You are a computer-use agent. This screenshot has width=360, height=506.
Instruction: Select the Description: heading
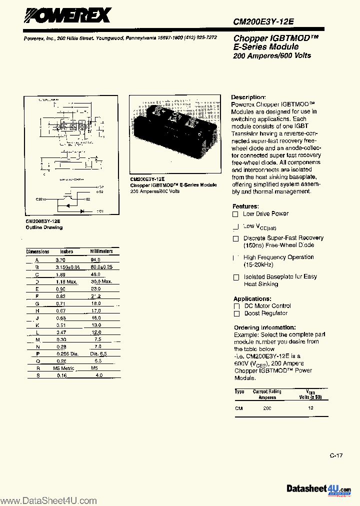point(248,97)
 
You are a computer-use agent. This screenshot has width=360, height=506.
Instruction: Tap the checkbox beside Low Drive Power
point(235,214)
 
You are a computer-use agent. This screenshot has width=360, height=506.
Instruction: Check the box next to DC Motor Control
point(236,306)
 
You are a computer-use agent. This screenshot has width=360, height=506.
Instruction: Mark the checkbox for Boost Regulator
point(236,313)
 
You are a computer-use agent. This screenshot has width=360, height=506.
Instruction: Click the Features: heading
point(245,206)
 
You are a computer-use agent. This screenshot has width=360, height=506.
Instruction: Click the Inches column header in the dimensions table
point(66,251)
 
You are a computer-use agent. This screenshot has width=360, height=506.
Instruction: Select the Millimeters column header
point(101,251)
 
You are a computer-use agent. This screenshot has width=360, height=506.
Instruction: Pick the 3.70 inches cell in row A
point(60,260)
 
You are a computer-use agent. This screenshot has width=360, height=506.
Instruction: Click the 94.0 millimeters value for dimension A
point(95,260)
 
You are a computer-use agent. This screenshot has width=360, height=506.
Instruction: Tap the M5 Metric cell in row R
point(63,368)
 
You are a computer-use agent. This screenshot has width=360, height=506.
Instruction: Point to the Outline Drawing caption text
point(44,227)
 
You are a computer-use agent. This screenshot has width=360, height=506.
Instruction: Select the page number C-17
point(336,455)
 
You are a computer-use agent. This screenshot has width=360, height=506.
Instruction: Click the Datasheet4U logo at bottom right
point(319,488)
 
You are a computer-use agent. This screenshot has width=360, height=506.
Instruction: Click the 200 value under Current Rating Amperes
point(267,408)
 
